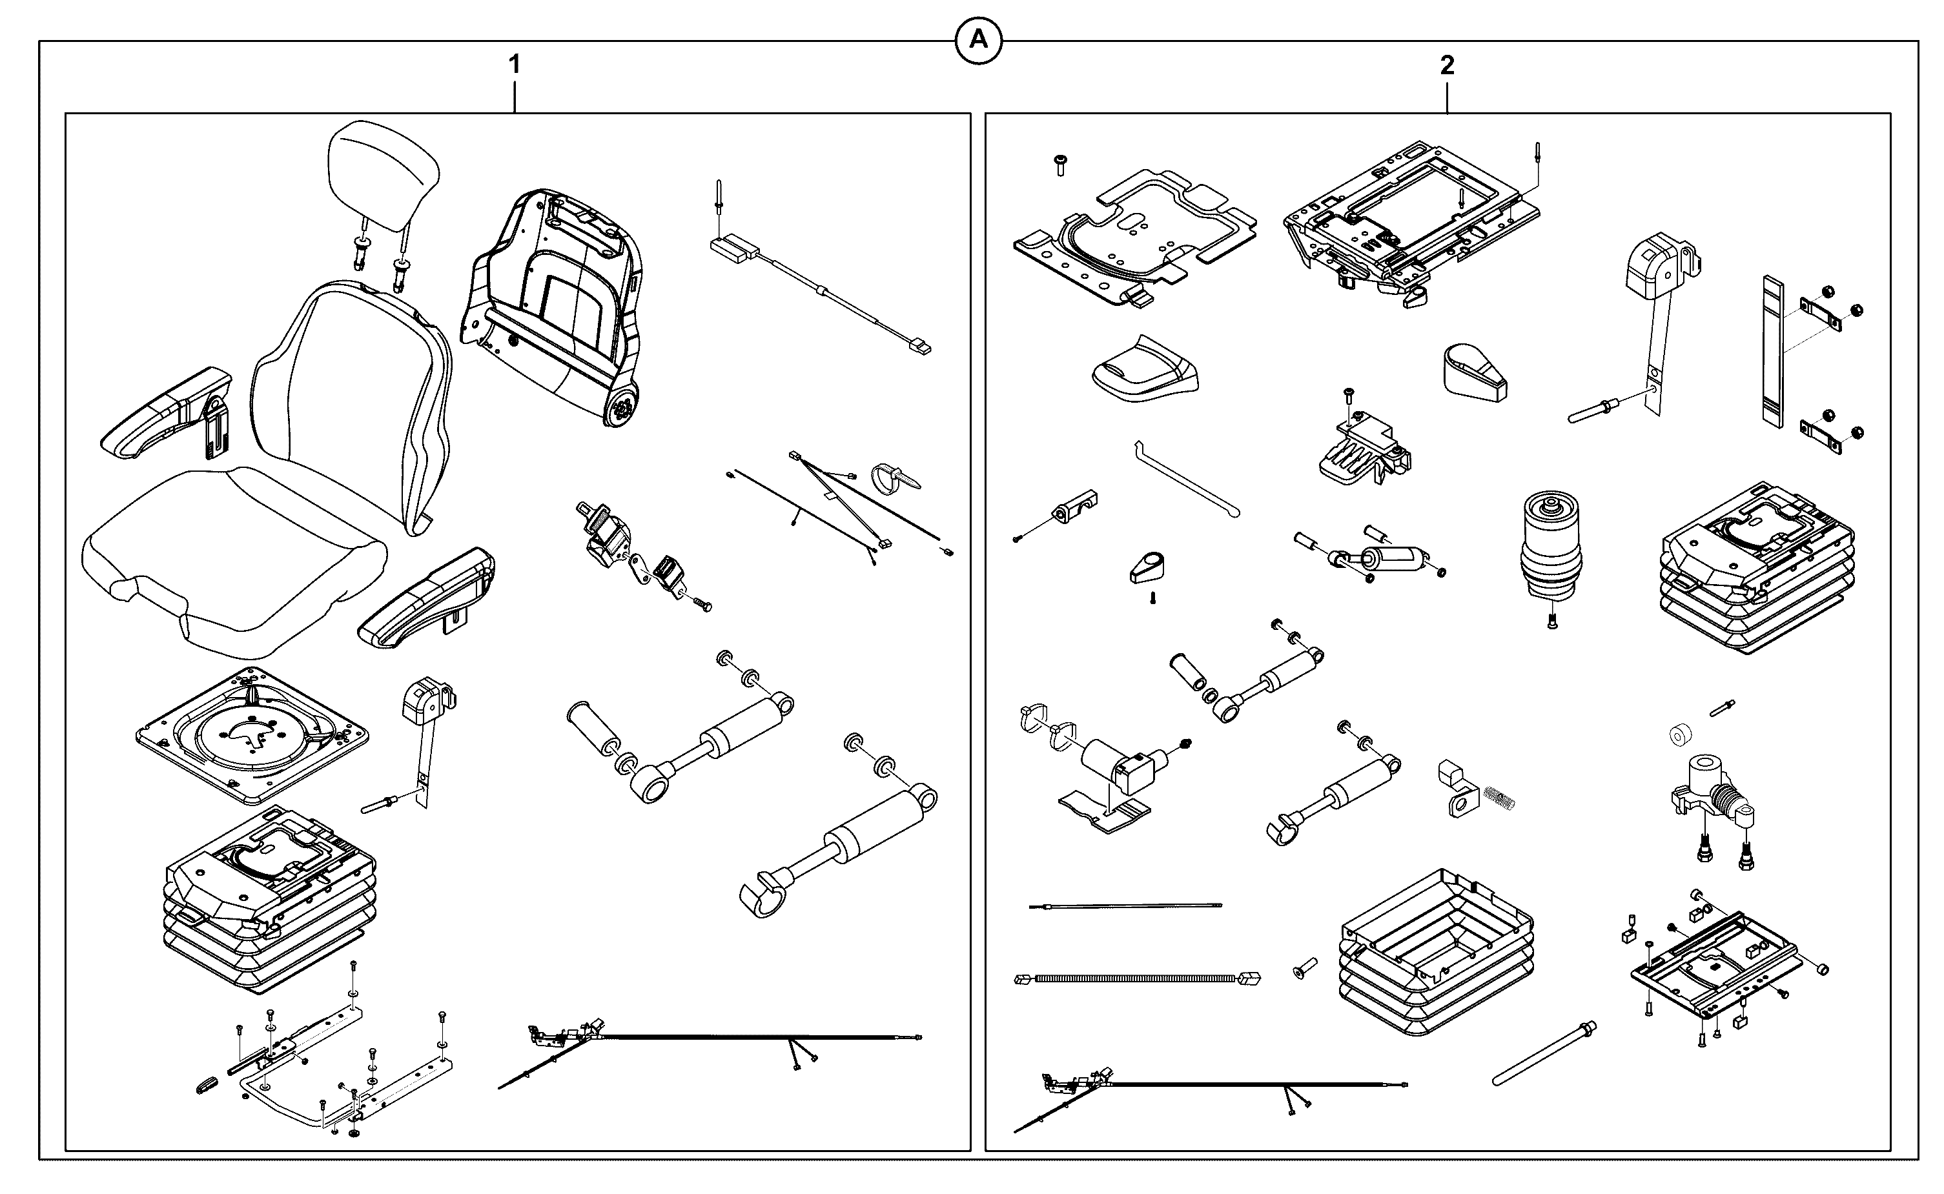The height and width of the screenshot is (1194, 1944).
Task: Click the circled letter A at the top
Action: coord(978,40)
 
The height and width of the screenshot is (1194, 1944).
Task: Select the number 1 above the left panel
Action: coord(514,65)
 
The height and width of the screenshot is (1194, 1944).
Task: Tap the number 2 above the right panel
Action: coord(1446,65)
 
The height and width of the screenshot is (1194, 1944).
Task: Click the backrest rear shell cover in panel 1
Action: coord(552,304)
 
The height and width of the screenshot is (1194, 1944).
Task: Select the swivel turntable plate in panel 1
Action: coord(252,735)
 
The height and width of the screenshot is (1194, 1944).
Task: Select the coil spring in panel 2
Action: coord(1499,798)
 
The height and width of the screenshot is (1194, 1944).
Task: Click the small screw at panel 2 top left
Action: coord(1060,164)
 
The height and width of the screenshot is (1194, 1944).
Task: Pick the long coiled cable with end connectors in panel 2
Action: coord(1137,978)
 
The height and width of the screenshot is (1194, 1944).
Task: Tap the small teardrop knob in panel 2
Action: coord(1147,569)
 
